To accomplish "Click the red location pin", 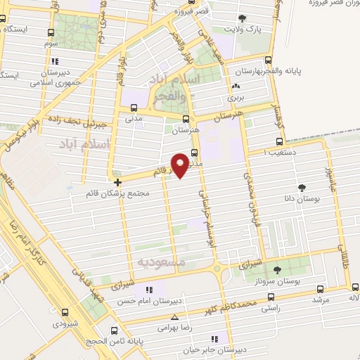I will point(181,164).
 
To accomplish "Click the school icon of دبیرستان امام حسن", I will point(148,290).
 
